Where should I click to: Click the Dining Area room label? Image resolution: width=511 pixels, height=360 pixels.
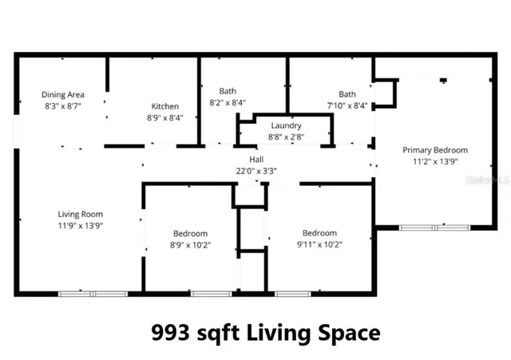(x=63, y=94)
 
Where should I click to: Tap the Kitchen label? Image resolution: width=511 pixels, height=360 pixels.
(x=165, y=106)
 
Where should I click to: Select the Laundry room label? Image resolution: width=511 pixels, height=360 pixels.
(x=286, y=125)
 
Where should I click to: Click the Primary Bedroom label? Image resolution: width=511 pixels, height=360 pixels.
(x=434, y=149)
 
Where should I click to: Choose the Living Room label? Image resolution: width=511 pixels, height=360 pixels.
(x=80, y=214)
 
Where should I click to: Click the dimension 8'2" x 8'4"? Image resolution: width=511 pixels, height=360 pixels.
(x=228, y=103)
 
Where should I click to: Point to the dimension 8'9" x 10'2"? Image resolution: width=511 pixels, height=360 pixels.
(x=191, y=244)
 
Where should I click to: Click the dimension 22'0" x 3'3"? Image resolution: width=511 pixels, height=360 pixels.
(x=256, y=170)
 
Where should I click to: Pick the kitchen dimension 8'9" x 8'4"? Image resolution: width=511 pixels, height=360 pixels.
(x=165, y=117)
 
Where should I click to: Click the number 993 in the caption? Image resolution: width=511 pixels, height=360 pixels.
(x=171, y=330)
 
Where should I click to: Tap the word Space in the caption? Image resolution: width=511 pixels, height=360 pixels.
(x=350, y=330)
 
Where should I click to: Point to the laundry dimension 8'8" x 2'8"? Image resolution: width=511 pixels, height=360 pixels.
(x=286, y=136)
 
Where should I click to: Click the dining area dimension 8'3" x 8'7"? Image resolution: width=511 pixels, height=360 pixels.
(x=63, y=105)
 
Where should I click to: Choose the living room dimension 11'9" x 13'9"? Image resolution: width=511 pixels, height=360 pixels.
(x=80, y=225)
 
